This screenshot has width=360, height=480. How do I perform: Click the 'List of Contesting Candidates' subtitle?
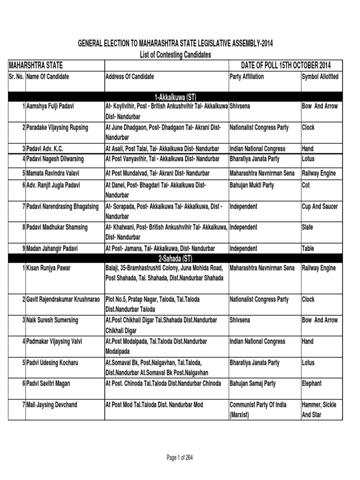pyautogui.click(x=175, y=55)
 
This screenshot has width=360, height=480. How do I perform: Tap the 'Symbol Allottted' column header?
pyautogui.click(x=321, y=76)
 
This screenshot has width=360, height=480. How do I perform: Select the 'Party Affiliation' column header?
pyautogui.click(x=247, y=76)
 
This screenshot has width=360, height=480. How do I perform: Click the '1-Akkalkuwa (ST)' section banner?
pyautogui.click(x=175, y=97)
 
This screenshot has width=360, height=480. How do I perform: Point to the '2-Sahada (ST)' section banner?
pyautogui.click(x=175, y=258)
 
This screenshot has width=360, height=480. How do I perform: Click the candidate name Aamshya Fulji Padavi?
pyautogui.click(x=51, y=106)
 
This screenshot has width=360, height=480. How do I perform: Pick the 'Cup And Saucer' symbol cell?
pyautogui.click(x=320, y=206)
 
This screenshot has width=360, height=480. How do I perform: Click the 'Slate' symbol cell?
pyautogui.click(x=308, y=227)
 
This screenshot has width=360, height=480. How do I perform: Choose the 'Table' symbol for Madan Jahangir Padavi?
pyautogui.click(x=308, y=248)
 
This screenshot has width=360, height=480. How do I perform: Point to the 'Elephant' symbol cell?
pyautogui.click(x=312, y=383)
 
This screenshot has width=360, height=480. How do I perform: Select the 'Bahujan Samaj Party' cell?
pyautogui.click(x=253, y=383)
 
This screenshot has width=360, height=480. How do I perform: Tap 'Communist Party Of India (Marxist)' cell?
pyautogui.click(x=258, y=409)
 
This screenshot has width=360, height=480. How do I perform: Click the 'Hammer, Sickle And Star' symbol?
pyautogui.click(x=319, y=409)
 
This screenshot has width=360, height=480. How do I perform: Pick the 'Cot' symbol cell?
pyautogui.click(x=306, y=185)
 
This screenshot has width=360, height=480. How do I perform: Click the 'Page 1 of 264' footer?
pyautogui.click(x=180, y=458)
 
